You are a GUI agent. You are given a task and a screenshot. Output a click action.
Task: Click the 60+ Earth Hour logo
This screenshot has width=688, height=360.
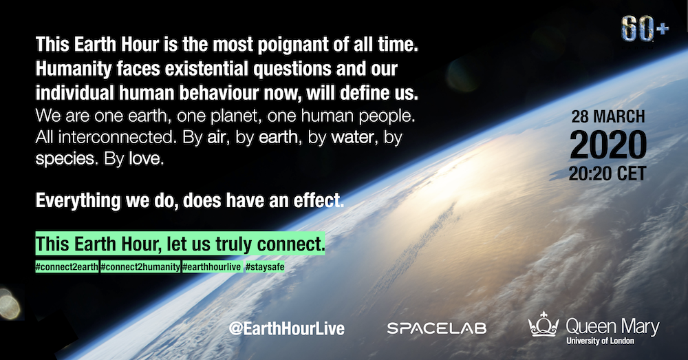point(645,30)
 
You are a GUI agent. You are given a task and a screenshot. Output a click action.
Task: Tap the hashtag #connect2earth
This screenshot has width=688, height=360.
point(67,267)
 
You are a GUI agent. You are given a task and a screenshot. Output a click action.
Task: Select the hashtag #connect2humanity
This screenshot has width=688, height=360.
point(140,267)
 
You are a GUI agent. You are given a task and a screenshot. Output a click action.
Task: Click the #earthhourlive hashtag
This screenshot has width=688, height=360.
point(212,267)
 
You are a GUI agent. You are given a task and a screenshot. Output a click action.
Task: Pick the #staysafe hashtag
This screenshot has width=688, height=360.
point(265,267)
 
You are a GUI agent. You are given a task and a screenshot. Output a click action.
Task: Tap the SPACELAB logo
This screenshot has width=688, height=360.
point(437,328)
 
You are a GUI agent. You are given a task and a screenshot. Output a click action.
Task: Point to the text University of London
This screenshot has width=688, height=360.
point(600,341)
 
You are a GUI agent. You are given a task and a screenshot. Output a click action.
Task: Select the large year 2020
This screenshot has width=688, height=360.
point(608,145)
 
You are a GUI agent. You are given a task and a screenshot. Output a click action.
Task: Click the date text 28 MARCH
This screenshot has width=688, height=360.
point(608,117)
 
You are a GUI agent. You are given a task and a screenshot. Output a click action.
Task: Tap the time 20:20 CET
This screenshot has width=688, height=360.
point(608,173)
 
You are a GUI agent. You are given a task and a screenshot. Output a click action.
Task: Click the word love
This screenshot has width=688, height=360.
point(146,159)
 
